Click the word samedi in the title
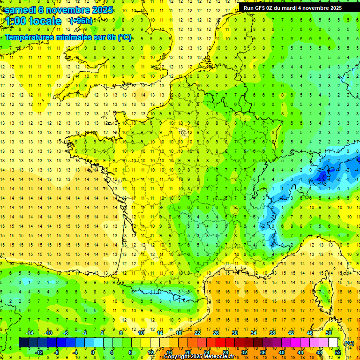click(x=21, y=10)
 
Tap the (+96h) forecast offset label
click(x=81, y=21)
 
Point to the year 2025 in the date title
click(x=100, y=10)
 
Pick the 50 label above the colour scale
click(x=329, y=333)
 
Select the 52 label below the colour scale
click(x=338, y=352)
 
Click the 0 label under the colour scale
click(x=92, y=352)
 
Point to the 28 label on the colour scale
click(x=225, y=352)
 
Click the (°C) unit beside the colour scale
click(x=349, y=343)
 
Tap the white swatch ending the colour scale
click(x=333, y=343)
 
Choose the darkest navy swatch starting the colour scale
click(x=23, y=343)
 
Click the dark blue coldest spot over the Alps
click(x=322, y=176)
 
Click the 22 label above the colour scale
click(x=197, y=333)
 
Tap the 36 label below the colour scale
click(x=263, y=352)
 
